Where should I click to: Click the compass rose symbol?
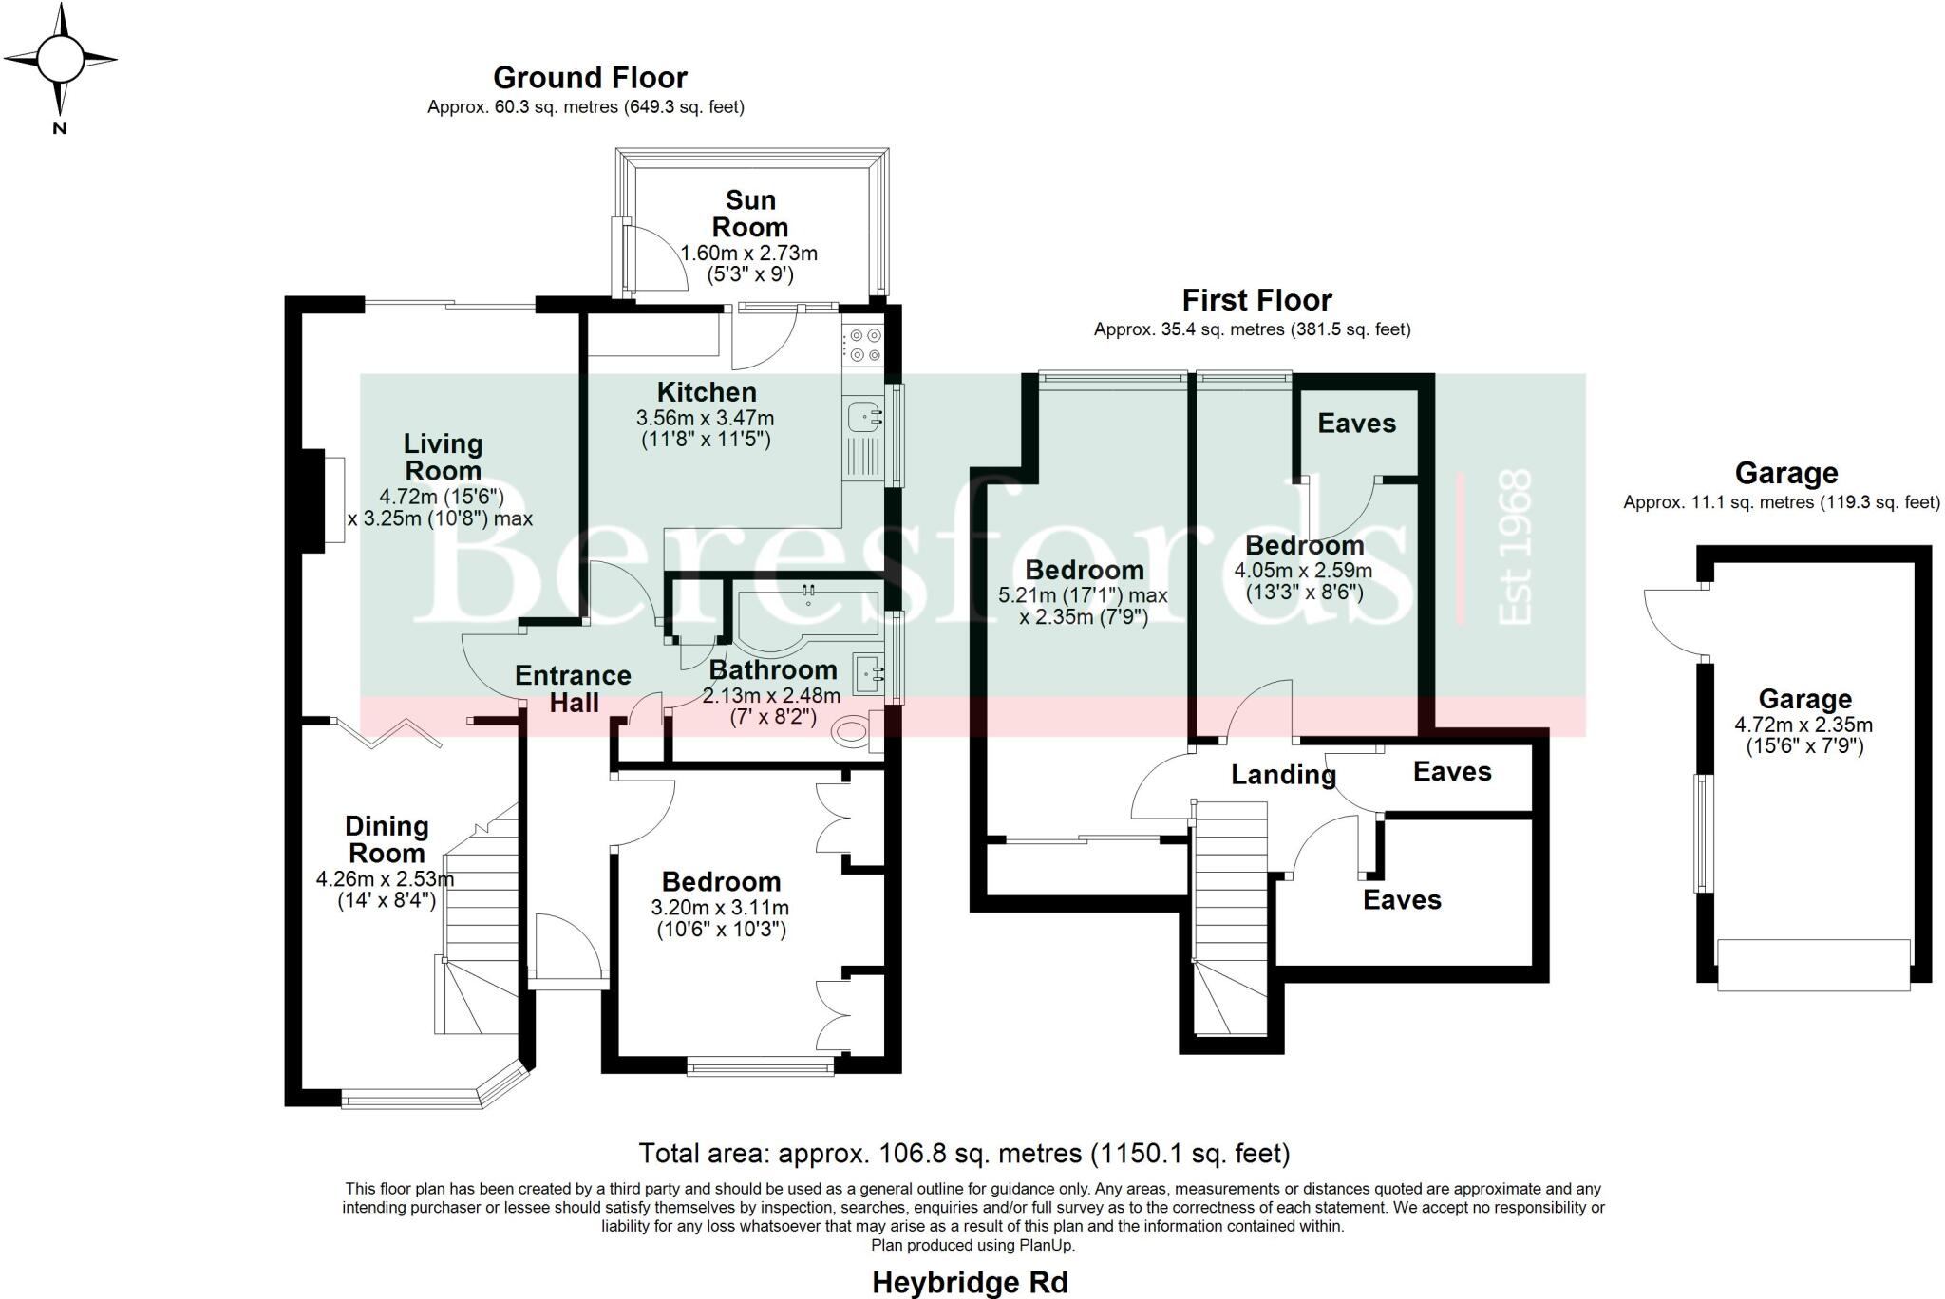(60, 60)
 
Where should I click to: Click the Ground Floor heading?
(590, 77)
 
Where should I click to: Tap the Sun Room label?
(750, 214)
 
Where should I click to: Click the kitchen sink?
(864, 416)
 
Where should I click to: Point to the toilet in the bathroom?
(853, 731)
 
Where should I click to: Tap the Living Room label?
(443, 457)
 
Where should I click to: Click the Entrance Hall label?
(573, 688)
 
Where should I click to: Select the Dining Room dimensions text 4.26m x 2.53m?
(386, 879)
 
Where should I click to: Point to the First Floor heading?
(1256, 300)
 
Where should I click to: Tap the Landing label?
(1283, 775)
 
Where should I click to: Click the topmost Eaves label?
(1356, 424)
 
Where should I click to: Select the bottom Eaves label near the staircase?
(1402, 899)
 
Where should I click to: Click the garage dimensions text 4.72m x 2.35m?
(1803, 725)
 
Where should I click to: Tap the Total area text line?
(964, 1154)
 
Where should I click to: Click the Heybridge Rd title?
(970, 1283)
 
